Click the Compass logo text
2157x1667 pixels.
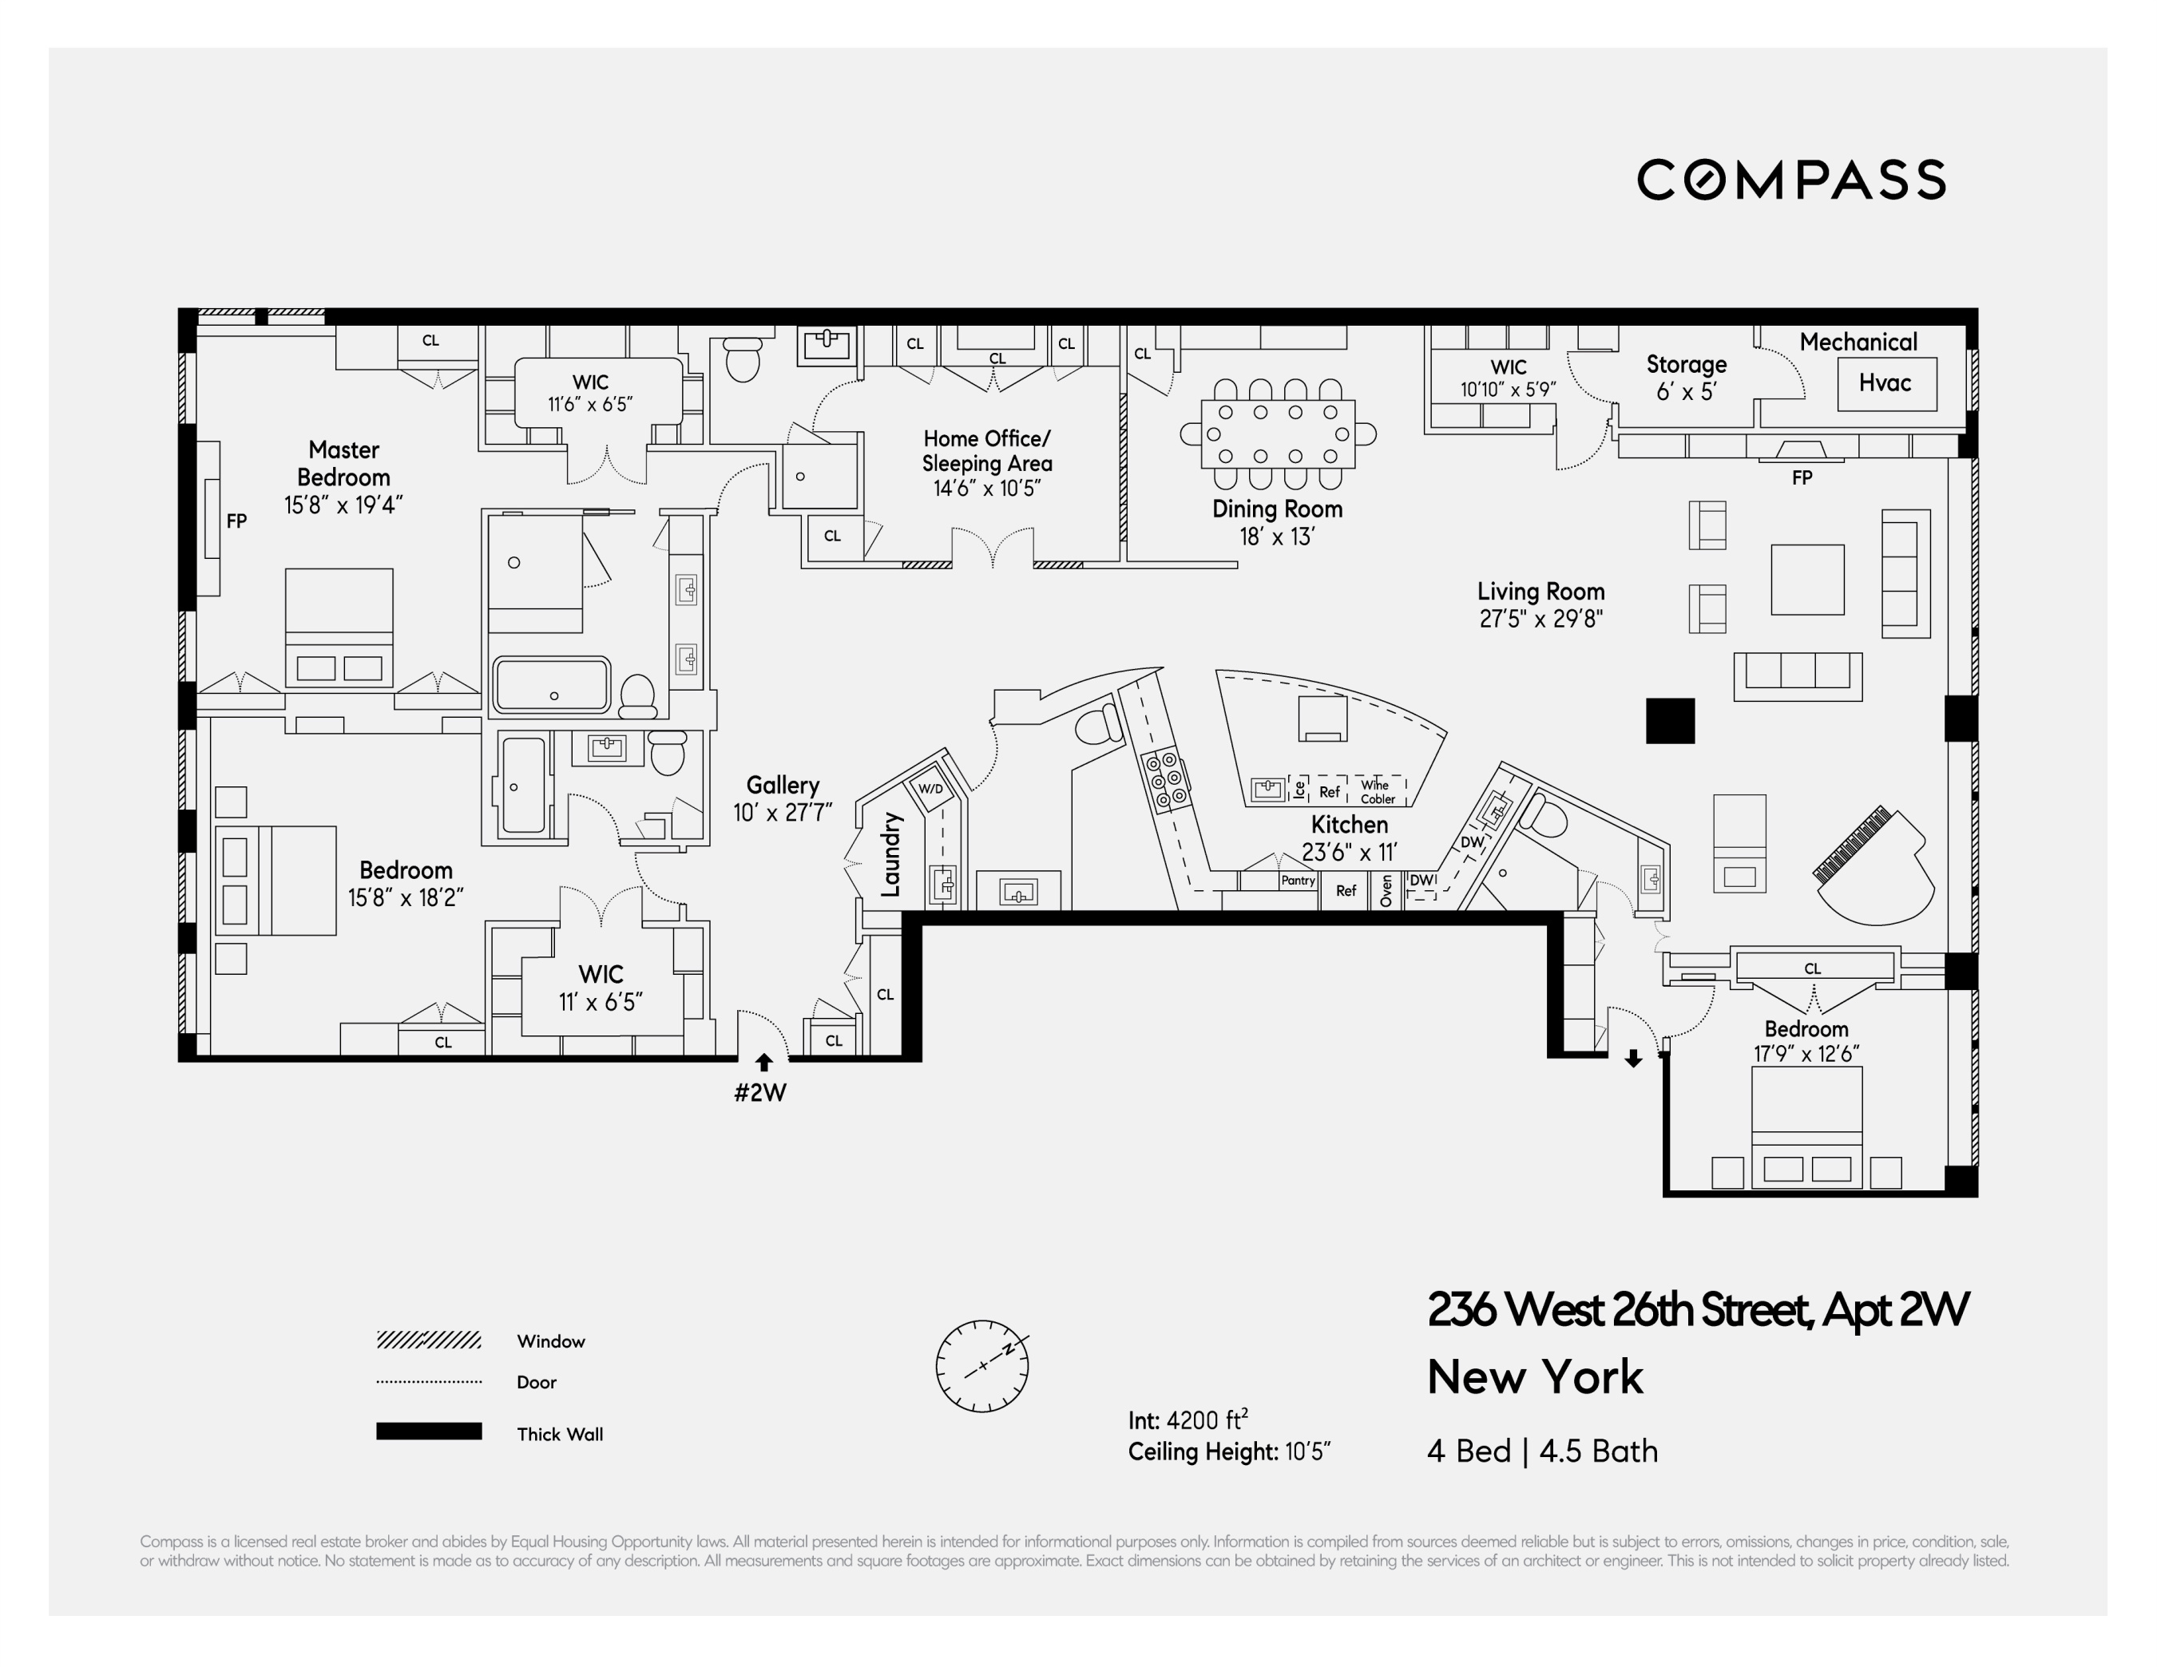[1790, 180]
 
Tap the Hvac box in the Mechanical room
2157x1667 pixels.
[1886, 383]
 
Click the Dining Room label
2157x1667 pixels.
[1277, 509]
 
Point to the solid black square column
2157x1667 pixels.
[1670, 721]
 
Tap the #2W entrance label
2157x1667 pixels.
[760, 1093]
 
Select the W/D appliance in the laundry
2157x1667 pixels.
[930, 788]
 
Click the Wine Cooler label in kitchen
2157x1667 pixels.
[1377, 792]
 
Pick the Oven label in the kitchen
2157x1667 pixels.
[1386, 890]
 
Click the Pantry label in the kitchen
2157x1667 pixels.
[1298, 880]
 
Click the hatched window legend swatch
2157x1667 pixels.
[429, 1340]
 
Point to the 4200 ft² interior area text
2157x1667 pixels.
[1206, 1420]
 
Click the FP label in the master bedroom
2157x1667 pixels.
[236, 521]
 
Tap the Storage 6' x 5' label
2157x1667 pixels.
[1686, 378]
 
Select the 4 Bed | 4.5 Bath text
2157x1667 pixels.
[1542, 1451]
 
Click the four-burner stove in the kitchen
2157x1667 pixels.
[1167, 780]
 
